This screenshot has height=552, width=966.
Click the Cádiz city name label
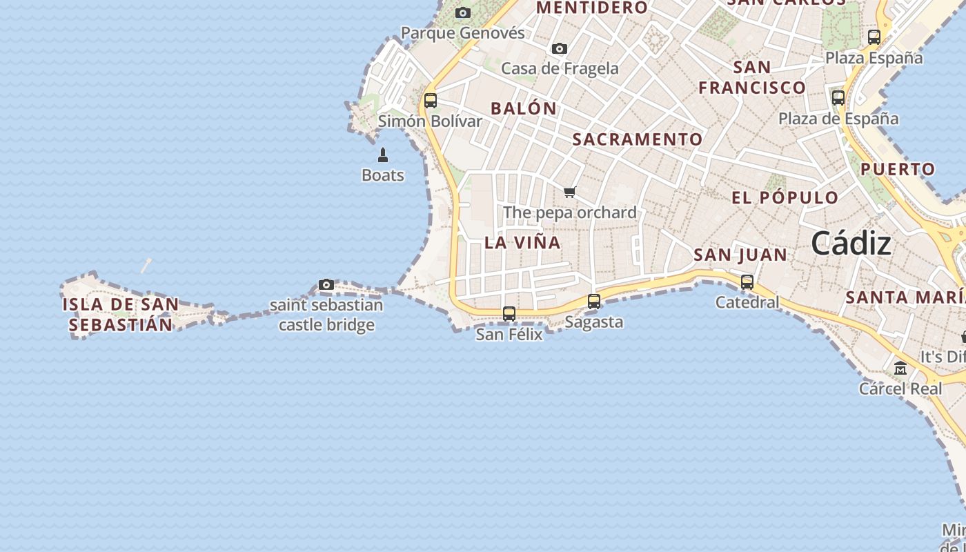[x=851, y=244]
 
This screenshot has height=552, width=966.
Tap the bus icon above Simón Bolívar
[x=431, y=101]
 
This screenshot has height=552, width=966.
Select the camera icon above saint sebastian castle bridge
[x=326, y=284]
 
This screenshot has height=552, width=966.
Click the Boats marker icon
[x=383, y=155]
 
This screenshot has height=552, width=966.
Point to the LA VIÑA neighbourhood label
[x=522, y=243]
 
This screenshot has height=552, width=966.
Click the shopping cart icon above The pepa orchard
[x=569, y=193]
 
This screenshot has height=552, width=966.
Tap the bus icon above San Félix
[x=509, y=314]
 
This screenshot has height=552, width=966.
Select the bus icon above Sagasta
[x=594, y=302]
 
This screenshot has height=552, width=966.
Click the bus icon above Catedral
[x=747, y=282]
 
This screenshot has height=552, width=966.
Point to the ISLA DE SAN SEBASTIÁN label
[x=120, y=315]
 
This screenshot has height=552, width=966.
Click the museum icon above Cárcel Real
[x=900, y=368]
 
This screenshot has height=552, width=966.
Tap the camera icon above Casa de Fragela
[x=560, y=49]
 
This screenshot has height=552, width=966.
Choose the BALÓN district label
[x=524, y=108]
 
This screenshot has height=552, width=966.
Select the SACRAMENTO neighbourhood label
[x=638, y=139]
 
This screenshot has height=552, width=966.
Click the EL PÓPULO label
[x=785, y=197]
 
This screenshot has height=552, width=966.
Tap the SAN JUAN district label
[x=740, y=255]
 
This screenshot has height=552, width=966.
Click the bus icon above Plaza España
[x=874, y=37]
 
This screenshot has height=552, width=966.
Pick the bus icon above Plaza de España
[x=838, y=98]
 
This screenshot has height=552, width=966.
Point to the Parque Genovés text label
[x=463, y=33]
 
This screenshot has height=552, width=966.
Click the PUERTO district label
[x=898, y=169]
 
